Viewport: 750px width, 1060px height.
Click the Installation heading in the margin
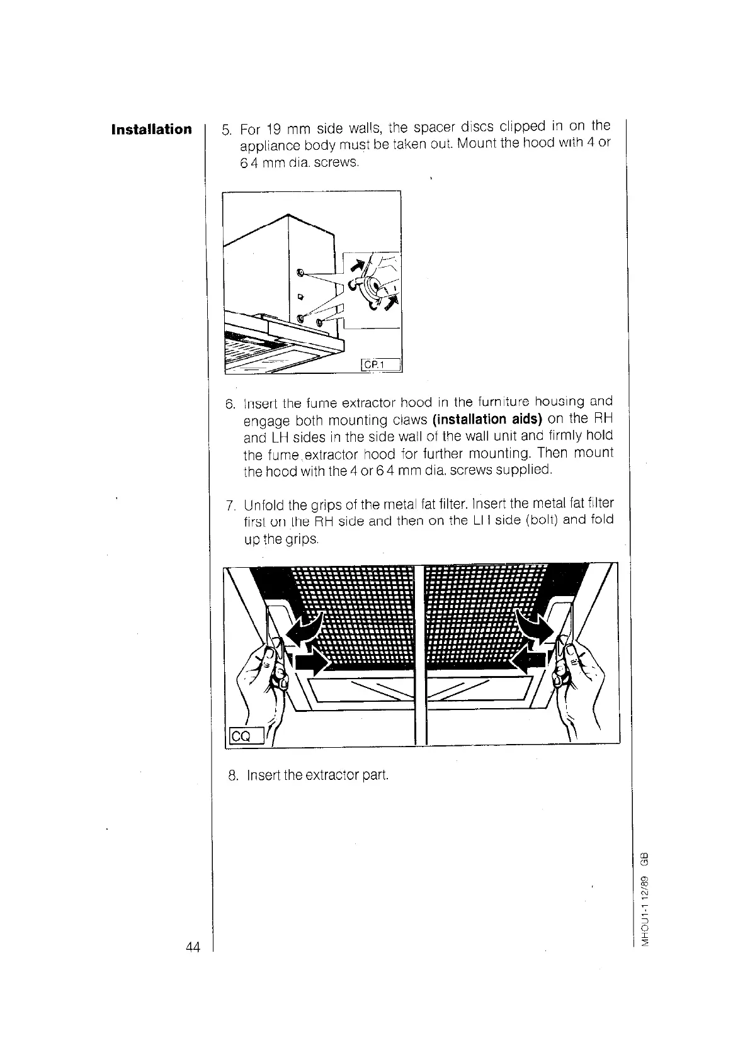[151, 130]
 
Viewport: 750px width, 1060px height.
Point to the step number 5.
[227, 131]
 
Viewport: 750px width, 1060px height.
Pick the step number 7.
[230, 505]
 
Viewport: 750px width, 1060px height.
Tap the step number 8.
[232, 774]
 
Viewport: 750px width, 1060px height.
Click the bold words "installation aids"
[488, 419]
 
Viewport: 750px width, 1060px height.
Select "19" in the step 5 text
[273, 130]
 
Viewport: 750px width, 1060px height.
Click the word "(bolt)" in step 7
[537, 521]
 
